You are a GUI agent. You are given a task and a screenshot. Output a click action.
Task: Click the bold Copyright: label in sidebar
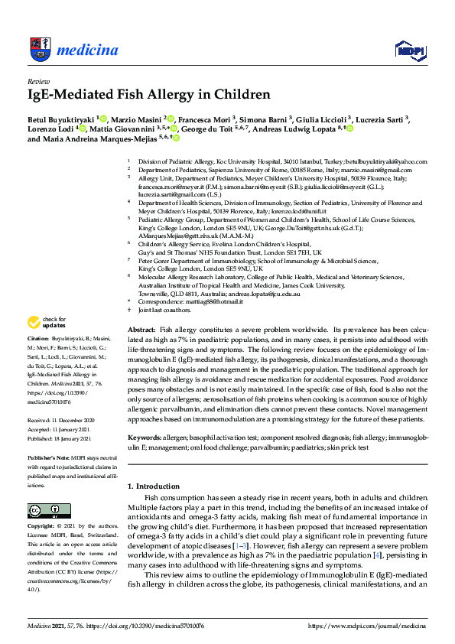click(x=43, y=527)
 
